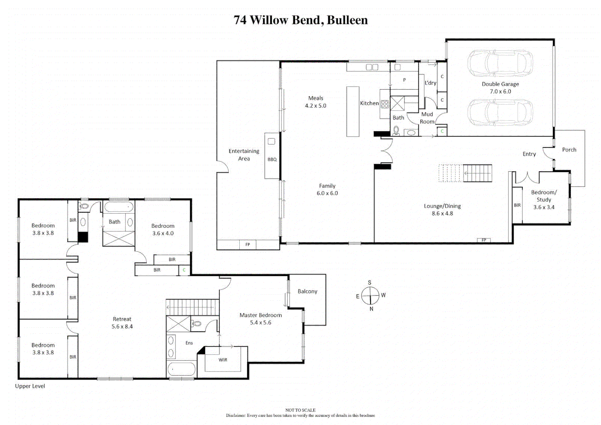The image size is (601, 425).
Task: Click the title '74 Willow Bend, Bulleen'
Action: coord(300,20)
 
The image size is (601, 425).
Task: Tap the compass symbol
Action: coord(370,296)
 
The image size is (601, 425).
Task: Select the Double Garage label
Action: coord(500,84)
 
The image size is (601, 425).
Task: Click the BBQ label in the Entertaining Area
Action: coord(272,159)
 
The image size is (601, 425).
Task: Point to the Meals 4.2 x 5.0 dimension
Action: coord(316,105)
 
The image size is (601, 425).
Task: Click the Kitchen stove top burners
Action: coord(385,104)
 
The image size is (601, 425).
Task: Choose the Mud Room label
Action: coord(427,118)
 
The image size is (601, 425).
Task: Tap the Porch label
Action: coord(569,150)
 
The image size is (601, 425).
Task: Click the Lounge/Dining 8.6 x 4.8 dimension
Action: coord(442,213)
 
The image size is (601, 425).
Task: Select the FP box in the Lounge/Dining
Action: coord(484,240)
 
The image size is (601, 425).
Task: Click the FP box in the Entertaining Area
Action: coord(248,244)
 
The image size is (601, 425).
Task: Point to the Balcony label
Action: coord(307,291)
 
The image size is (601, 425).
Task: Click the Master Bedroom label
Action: coord(261,315)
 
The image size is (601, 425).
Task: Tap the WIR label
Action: coord(223,360)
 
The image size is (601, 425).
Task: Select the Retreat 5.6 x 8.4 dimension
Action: coord(122,326)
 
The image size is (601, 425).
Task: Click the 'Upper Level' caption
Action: coord(30,386)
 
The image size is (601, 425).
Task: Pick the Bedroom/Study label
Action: coord(544,196)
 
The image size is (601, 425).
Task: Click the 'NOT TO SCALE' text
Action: coord(300,410)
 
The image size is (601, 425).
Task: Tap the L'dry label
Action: coord(430,83)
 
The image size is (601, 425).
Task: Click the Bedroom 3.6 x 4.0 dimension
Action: coord(163,233)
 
